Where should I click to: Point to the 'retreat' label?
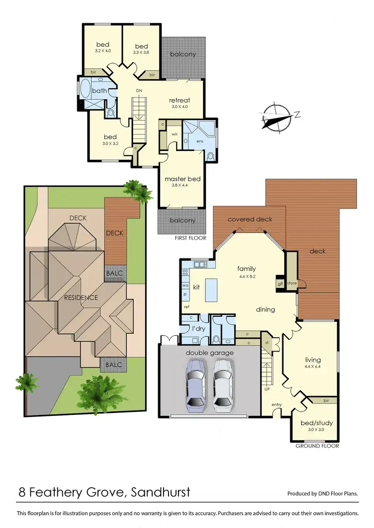180,100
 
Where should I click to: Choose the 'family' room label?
247,268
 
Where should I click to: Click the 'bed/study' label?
316,423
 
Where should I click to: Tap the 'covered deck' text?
249,219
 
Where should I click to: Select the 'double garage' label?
210,353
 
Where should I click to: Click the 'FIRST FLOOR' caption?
190,238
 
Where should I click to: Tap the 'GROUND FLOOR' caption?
317,446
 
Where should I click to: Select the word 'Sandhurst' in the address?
161,493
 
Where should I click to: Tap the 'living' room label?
313,360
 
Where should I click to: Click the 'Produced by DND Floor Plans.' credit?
323,494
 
